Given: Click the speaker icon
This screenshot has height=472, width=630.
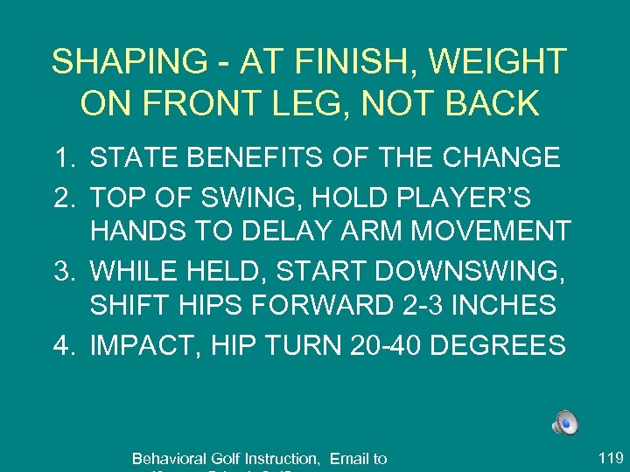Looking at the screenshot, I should click(x=564, y=423).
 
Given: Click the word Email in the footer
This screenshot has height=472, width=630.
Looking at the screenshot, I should click(x=348, y=458).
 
